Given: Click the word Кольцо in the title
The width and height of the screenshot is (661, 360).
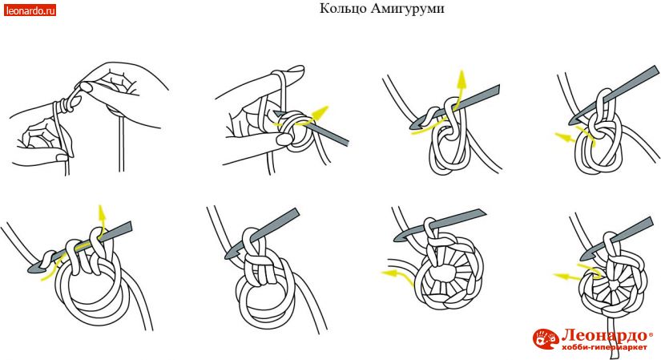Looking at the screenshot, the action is click(343, 9).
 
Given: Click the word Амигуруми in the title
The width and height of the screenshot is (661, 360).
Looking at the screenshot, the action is click(408, 9).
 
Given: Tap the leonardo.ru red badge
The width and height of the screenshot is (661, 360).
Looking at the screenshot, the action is click(30, 10).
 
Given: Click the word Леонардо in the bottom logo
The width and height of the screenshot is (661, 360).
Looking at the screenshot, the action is click(604, 336).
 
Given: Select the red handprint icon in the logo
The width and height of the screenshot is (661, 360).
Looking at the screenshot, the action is click(546, 339).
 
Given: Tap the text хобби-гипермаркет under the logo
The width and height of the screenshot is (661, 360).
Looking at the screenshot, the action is click(604, 347).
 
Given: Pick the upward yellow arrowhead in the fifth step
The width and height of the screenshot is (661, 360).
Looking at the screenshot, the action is click(101, 212).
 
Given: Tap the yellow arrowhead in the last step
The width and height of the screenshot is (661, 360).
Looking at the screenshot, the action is click(562, 277).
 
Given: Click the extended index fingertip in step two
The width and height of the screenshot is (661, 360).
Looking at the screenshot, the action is click(298, 69).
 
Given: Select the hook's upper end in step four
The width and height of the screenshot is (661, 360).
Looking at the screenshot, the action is click(655, 70).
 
